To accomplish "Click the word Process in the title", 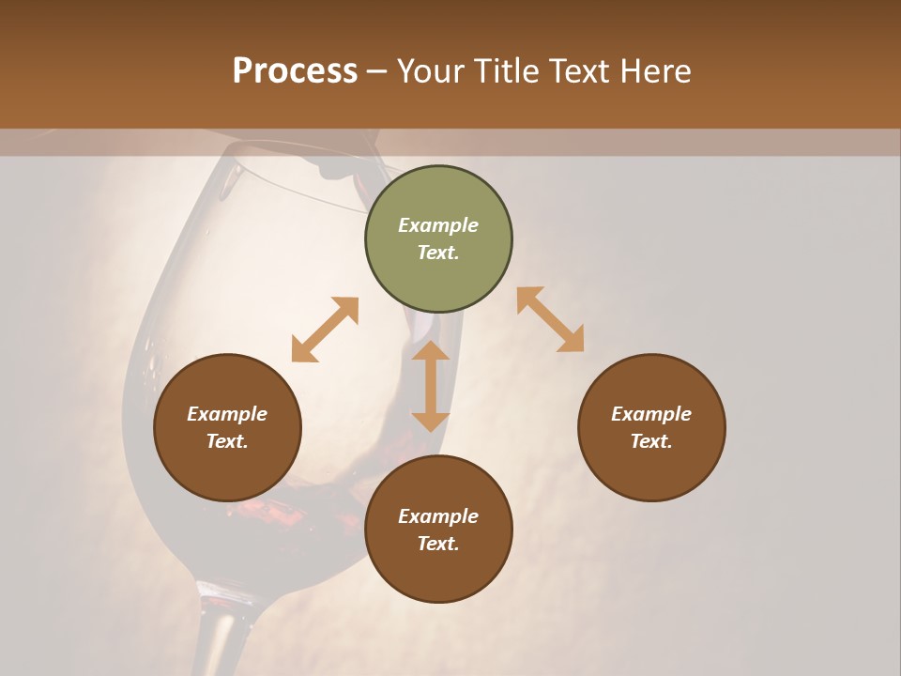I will tap(295, 70).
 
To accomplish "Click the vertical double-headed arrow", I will tap(431, 386).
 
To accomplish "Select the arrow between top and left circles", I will tap(325, 330).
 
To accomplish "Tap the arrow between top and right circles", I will tap(550, 319).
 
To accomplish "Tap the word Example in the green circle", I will tap(438, 225).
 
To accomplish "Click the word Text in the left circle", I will tap(227, 441).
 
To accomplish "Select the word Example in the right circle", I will tap(651, 414).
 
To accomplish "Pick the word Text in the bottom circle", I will tap(438, 544).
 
